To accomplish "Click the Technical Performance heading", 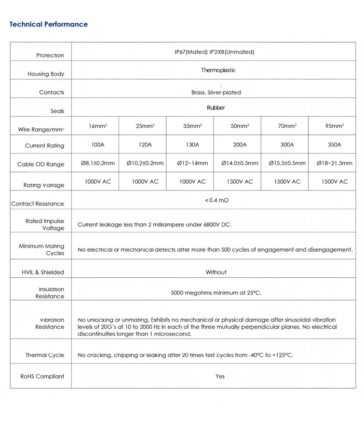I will point(48,24).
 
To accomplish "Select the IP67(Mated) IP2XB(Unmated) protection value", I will point(214,52).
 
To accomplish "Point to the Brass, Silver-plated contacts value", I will point(216,92).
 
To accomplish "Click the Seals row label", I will point(57,111).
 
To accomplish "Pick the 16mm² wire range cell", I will point(98,126).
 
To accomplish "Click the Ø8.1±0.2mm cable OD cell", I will point(98,163).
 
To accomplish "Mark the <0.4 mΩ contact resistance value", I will point(217,200).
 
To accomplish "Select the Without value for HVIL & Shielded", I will point(216,272).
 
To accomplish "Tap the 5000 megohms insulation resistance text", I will point(216,293).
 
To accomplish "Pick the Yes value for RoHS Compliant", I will point(220,376).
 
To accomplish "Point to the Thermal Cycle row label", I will point(45,355).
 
